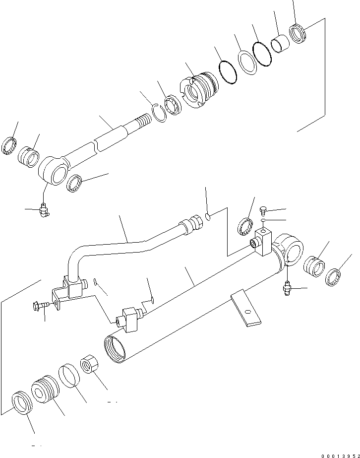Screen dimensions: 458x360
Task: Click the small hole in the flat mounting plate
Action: coord(246,312)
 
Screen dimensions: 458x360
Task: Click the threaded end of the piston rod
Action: coord(143,121)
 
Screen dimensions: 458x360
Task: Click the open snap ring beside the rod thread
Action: coord(159,113)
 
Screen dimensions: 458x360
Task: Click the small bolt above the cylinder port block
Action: coord(263,210)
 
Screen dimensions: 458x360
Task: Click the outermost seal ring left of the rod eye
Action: coord(9,147)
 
